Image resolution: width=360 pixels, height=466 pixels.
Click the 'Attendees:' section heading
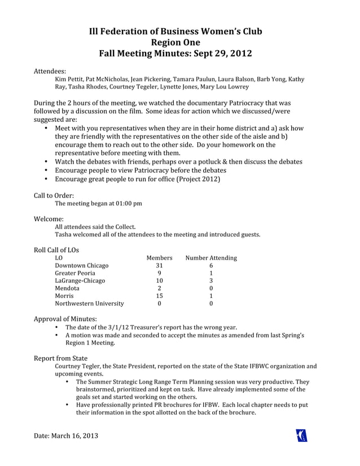point(50,72)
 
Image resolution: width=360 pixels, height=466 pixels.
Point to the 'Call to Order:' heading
point(54,195)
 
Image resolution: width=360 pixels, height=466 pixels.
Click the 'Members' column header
point(159,258)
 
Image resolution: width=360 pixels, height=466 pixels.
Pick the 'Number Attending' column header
point(211,258)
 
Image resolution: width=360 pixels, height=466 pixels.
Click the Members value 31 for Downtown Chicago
point(159,266)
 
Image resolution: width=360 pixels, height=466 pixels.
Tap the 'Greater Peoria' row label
point(75,273)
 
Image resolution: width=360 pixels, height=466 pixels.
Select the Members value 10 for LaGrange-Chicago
point(159,280)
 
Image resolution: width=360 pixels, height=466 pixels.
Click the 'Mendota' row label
point(67,288)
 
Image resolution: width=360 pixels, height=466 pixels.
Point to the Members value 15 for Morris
point(159,296)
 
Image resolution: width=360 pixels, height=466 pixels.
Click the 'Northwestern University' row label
point(89,304)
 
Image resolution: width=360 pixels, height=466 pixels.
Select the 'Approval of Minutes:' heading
point(65,319)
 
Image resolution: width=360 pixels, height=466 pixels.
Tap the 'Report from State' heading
point(61,358)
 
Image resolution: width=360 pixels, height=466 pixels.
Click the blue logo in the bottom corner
point(302,436)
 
